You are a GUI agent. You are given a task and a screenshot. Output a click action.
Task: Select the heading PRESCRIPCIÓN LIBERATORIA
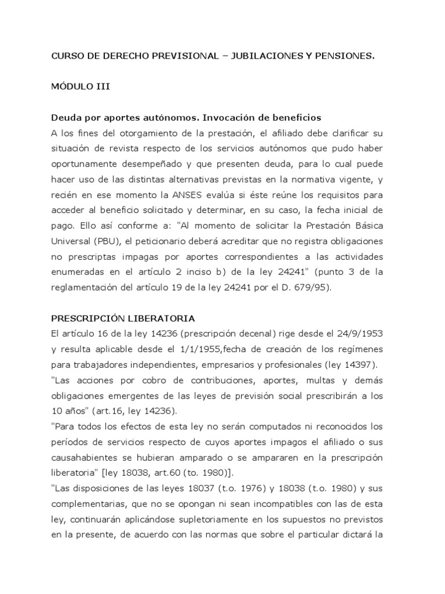coord(123,318)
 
